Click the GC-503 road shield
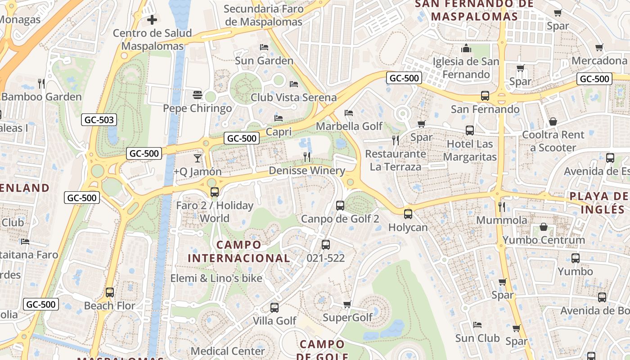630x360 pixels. pyautogui.click(x=99, y=120)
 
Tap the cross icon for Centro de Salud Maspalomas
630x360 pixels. pyautogui.click(x=152, y=20)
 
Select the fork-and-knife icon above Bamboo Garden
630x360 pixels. pyautogui.click(x=41, y=83)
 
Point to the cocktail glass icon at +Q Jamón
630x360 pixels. pyautogui.click(x=197, y=158)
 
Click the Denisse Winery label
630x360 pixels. pyautogui.click(x=307, y=171)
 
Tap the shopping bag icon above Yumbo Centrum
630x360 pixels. pyautogui.click(x=544, y=226)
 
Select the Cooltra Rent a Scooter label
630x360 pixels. pyautogui.click(x=553, y=141)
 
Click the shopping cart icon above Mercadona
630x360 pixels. pyautogui.click(x=599, y=47)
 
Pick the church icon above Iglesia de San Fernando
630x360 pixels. pyautogui.click(x=466, y=48)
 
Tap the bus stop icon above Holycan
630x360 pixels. pyautogui.click(x=408, y=214)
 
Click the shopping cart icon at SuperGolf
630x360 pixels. pyautogui.click(x=347, y=305)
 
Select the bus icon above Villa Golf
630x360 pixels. pyautogui.click(x=274, y=308)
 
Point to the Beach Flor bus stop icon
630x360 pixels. pyautogui.click(x=110, y=292)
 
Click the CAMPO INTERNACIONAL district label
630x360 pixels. pyautogui.click(x=239, y=251)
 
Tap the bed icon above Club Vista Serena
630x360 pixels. pyautogui.click(x=294, y=84)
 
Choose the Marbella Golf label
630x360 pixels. pyautogui.click(x=349, y=126)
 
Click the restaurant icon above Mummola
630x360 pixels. pyautogui.click(x=502, y=207)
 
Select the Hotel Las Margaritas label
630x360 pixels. pyautogui.click(x=470, y=150)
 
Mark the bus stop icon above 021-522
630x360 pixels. pyautogui.click(x=326, y=245)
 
